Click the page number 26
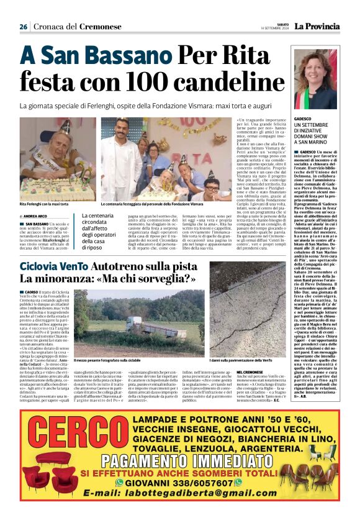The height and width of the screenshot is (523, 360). tap(23, 27)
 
